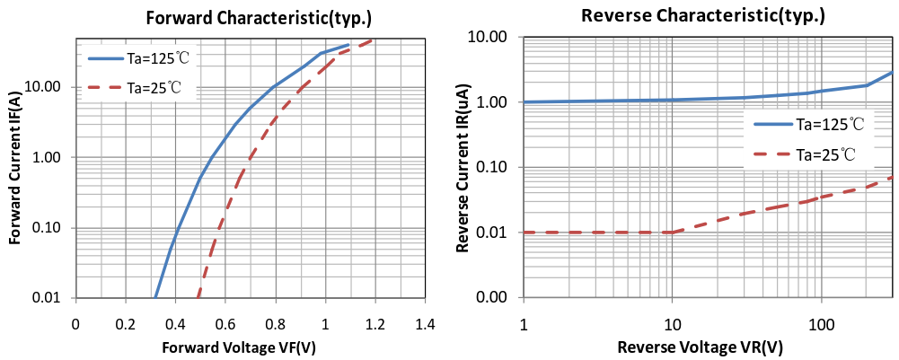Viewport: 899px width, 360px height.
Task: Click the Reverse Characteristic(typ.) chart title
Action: tap(703, 15)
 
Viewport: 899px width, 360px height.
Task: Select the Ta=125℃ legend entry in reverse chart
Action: tap(817, 126)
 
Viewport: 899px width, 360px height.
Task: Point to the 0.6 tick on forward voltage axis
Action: tap(225, 323)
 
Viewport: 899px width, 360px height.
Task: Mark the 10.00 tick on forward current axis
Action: tap(44, 87)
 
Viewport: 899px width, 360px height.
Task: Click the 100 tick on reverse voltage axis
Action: tap(822, 323)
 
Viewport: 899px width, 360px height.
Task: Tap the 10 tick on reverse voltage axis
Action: tap(672, 323)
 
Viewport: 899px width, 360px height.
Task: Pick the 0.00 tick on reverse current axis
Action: tap(494, 298)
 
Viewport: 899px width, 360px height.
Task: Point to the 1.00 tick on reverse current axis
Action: tap(494, 102)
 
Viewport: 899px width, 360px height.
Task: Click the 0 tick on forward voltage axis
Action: tap(76, 323)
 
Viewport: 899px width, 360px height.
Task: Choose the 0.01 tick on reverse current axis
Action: tap(494, 233)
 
